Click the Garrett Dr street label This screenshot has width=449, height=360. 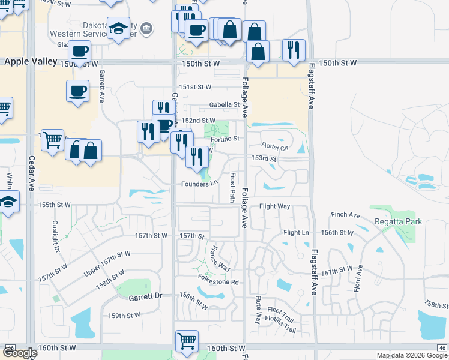(145, 296)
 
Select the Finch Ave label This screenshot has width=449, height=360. (345, 215)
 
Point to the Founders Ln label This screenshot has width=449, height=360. (199, 184)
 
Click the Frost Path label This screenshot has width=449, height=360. (232, 187)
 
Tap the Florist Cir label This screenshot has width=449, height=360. (276, 146)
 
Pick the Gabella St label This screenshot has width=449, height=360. (224, 104)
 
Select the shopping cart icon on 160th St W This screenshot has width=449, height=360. (187, 341)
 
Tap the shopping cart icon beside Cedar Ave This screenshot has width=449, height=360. (53, 139)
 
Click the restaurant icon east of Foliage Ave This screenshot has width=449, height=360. (294, 49)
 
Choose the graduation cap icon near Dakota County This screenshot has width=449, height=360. (119, 28)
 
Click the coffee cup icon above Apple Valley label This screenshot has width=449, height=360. (80, 50)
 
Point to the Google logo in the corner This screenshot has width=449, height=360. (20, 353)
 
